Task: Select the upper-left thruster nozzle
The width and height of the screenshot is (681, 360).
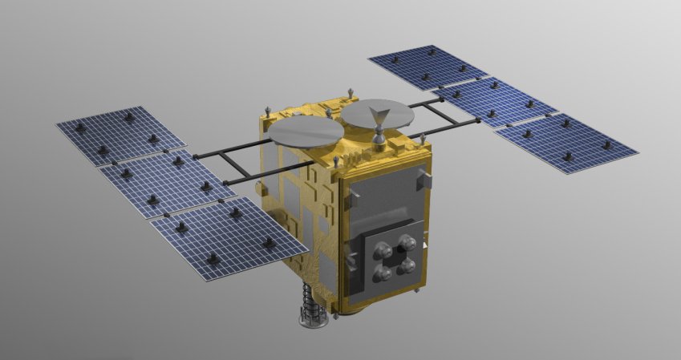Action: click(383, 250)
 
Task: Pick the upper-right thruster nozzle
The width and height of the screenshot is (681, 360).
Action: click(408, 242)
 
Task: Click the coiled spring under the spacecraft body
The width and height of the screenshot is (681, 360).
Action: click(310, 301)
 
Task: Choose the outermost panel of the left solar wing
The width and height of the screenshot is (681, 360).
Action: click(109, 134)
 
